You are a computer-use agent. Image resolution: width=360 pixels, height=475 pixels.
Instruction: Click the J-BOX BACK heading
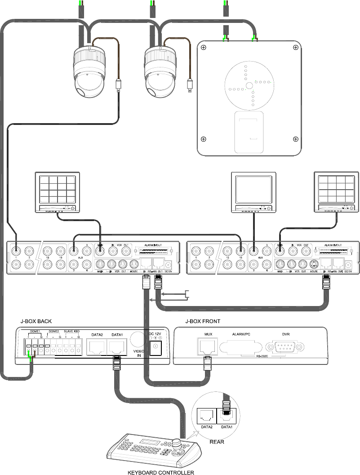click(36, 321)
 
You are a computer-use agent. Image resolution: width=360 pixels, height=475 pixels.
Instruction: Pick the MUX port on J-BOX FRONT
click(208, 346)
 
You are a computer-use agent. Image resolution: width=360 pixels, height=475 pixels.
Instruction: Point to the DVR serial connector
click(286, 347)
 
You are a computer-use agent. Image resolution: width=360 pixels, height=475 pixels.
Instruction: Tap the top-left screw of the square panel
click(204, 47)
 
